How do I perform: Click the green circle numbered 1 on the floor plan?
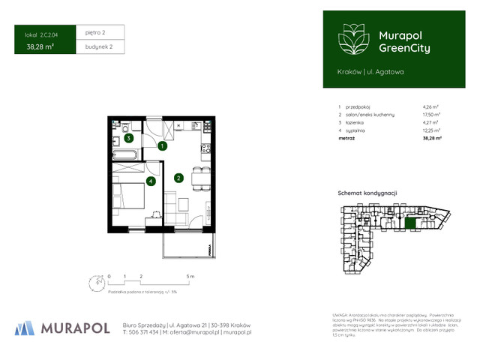pos(162,147)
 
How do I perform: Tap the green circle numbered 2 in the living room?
pos(178,178)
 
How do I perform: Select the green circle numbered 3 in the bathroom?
pos(129,138)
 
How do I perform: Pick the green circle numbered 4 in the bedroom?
pos(151,181)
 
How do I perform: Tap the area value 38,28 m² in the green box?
pos(39,46)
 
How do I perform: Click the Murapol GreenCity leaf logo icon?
pos(352,38)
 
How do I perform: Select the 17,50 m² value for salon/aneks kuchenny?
pos(432,114)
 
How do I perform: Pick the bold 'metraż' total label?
pos(346,138)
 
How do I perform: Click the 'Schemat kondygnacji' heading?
pos(367,193)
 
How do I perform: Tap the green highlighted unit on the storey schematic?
pos(410,222)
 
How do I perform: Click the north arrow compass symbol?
pos(93,282)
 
